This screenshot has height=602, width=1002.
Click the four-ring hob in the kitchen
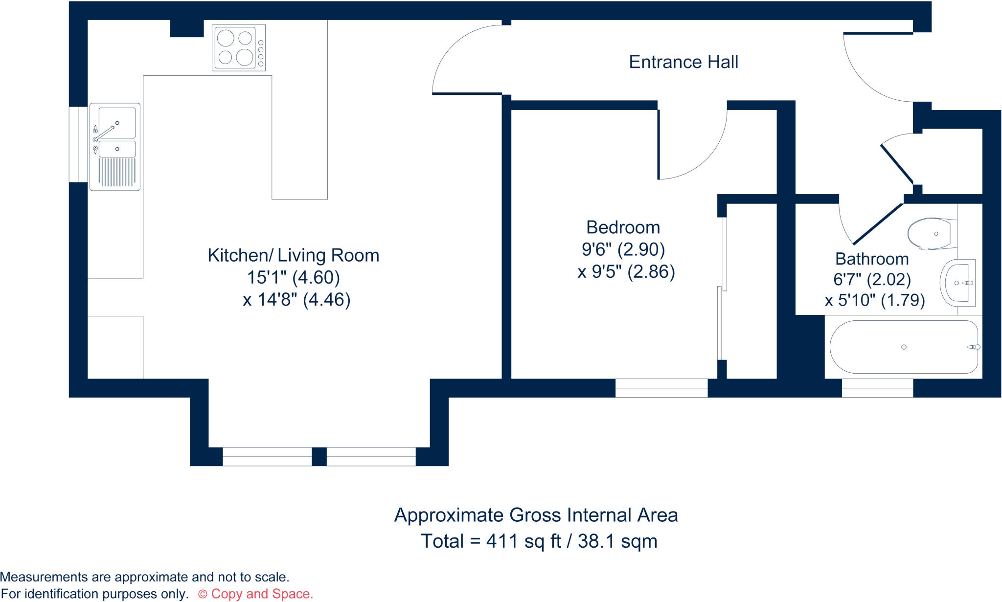[239, 47]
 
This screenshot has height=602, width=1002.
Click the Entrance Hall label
[683, 62]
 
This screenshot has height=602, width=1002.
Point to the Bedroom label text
[623, 227]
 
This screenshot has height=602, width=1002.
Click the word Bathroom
[871, 259]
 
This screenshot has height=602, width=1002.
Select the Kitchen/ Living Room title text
[293, 255]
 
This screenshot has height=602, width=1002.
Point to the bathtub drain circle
[904, 347]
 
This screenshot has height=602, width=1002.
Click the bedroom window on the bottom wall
[661, 388]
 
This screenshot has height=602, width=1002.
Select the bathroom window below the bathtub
[877, 388]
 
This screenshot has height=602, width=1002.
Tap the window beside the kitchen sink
[78, 144]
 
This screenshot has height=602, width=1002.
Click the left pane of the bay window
[267, 456]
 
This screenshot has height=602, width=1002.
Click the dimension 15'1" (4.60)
[293, 277]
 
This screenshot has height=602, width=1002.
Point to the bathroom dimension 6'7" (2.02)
[872, 279]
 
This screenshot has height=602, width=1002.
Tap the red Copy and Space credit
[255, 594]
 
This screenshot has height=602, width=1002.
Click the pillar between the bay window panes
[319, 456]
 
